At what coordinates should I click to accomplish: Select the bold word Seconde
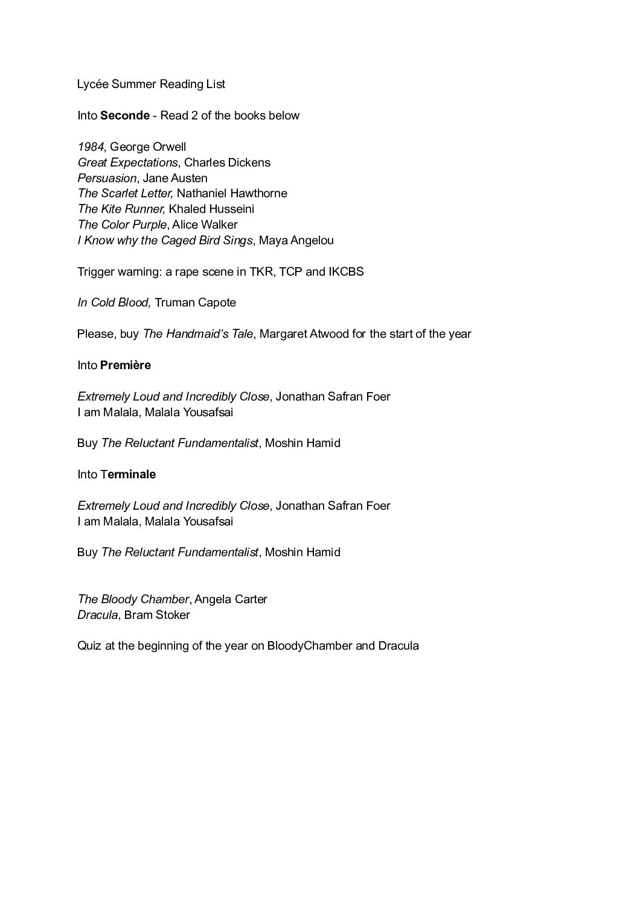click(x=125, y=115)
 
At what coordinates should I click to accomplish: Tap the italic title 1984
click(x=91, y=147)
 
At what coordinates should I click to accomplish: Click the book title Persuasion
click(x=107, y=178)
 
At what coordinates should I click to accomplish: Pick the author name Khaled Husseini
click(x=211, y=209)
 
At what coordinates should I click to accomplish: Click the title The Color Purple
click(x=122, y=224)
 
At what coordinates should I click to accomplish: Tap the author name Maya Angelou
click(x=296, y=240)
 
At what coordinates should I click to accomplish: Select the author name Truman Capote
click(x=195, y=302)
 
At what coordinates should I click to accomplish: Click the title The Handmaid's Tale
click(x=198, y=334)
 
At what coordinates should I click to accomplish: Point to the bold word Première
click(x=126, y=365)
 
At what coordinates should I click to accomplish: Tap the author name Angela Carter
click(x=231, y=599)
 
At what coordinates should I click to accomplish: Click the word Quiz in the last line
click(x=88, y=645)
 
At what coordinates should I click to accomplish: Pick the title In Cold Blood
click(x=113, y=302)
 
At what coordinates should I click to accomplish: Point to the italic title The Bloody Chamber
click(x=133, y=599)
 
